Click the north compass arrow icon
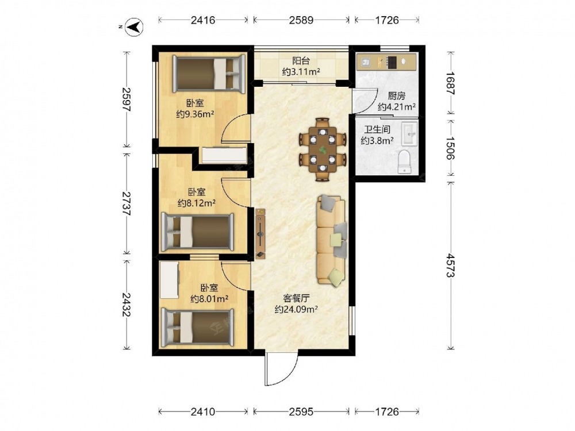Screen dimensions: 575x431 (134, 27)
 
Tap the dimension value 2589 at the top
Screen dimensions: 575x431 (301, 20)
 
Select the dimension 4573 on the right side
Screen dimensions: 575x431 (450, 264)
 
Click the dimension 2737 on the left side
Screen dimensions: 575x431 (126, 203)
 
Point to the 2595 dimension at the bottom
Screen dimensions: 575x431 (301, 411)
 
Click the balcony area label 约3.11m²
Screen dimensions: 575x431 (301, 72)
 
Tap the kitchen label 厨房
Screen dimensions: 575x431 (397, 96)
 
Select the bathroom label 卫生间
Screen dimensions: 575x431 (377, 129)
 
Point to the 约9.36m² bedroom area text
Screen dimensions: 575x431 (195, 114)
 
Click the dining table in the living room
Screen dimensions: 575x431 (323, 149)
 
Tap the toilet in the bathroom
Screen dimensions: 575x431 (404, 161)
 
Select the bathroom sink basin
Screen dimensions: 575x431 (409, 133)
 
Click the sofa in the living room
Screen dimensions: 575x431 (332, 240)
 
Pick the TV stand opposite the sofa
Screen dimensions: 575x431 (260, 234)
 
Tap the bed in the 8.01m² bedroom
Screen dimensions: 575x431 (198, 328)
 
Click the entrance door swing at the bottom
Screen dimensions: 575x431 (282, 370)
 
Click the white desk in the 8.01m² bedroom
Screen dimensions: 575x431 (170, 280)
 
